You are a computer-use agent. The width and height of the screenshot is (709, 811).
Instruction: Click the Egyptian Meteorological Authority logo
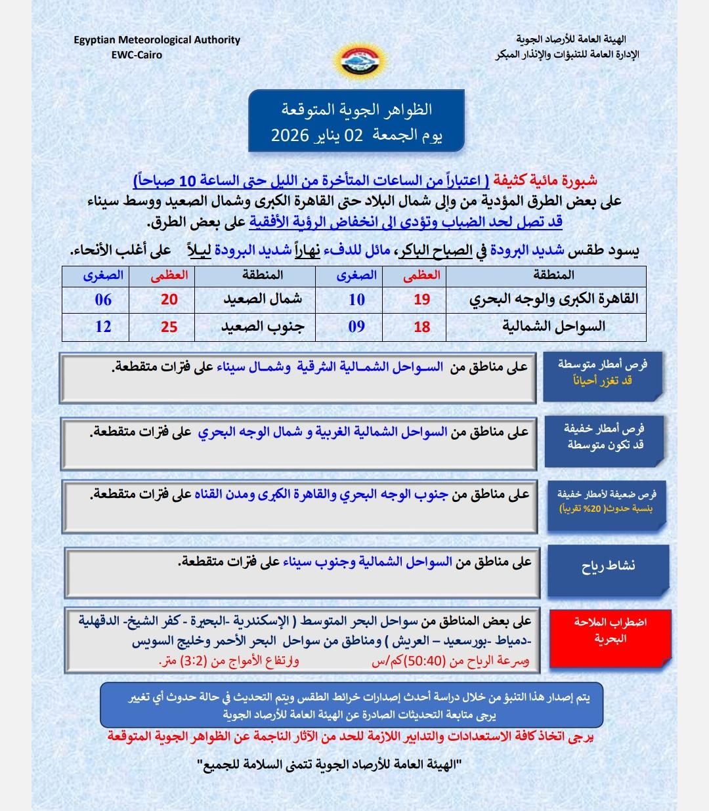tap(355, 62)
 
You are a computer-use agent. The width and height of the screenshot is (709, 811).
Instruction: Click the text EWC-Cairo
tap(137, 54)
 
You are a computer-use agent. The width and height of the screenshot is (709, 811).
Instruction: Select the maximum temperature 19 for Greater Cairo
tap(421, 299)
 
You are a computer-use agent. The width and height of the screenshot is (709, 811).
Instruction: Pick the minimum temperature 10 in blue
tap(356, 300)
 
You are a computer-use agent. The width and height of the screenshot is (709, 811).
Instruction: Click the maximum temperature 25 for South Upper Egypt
tap(169, 326)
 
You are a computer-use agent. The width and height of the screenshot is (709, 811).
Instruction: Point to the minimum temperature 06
tap(103, 300)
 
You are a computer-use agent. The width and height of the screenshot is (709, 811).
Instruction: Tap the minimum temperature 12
tap(103, 326)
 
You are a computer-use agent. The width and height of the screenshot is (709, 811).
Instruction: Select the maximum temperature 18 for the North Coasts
tap(421, 326)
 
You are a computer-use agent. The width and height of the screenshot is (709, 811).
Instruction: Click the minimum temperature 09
tap(356, 326)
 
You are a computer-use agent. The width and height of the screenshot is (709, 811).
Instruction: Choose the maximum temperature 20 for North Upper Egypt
tap(169, 299)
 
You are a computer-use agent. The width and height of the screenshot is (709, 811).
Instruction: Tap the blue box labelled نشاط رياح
tap(608, 566)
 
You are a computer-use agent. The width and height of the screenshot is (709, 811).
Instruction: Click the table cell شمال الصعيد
tap(263, 299)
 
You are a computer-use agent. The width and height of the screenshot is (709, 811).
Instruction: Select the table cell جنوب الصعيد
tap(263, 326)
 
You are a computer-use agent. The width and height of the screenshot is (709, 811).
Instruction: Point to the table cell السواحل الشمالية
tap(554, 326)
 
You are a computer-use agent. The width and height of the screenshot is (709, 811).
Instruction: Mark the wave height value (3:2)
tap(197, 661)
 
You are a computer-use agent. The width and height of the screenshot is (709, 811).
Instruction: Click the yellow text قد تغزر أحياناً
tap(603, 380)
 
